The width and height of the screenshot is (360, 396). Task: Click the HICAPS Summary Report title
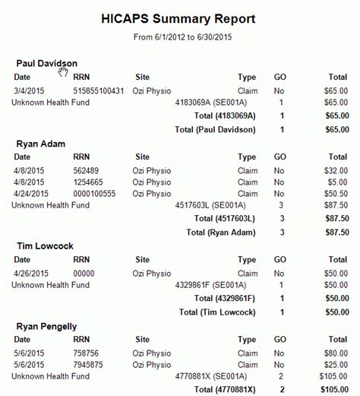point(179,18)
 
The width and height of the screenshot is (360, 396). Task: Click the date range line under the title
point(179,36)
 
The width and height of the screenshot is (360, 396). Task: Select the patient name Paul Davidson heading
point(46,63)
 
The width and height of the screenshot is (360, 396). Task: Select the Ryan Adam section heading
point(39,143)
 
